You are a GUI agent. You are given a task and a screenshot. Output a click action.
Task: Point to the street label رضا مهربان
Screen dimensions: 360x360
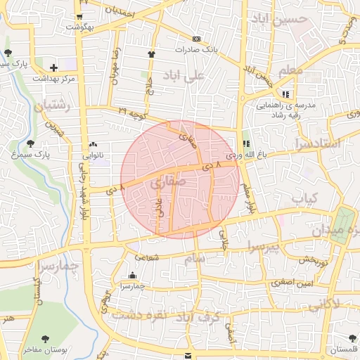point(115,65)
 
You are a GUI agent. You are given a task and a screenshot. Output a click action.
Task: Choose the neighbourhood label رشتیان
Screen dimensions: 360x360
point(49,108)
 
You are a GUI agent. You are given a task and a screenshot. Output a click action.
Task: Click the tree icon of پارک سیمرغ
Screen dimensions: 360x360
point(30,143)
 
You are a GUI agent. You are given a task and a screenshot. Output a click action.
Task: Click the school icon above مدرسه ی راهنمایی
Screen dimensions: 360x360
point(285,94)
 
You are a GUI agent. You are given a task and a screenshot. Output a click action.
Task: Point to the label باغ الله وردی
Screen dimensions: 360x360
point(243,153)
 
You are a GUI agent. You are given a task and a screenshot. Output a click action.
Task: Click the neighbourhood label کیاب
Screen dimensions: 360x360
point(305,198)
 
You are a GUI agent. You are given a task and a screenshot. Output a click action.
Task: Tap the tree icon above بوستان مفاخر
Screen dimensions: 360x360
point(46,339)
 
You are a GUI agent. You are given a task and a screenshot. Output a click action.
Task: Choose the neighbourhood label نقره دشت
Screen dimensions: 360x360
point(143,314)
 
